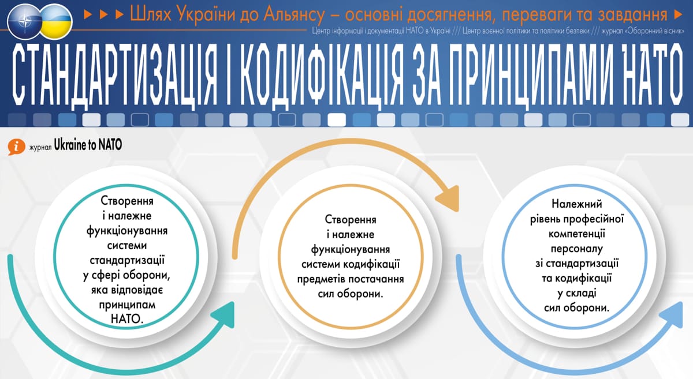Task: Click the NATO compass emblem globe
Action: (25, 21)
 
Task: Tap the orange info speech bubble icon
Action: (16, 147)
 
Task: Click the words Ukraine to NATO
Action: (88, 145)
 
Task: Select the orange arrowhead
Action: (448, 199)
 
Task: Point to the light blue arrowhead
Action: (671, 315)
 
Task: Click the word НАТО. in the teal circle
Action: (127, 319)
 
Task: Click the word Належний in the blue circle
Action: (577, 204)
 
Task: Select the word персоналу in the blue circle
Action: (577, 249)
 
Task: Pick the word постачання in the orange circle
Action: (376, 279)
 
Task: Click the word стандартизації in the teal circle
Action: (127, 260)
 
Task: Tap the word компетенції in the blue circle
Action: (577, 234)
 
